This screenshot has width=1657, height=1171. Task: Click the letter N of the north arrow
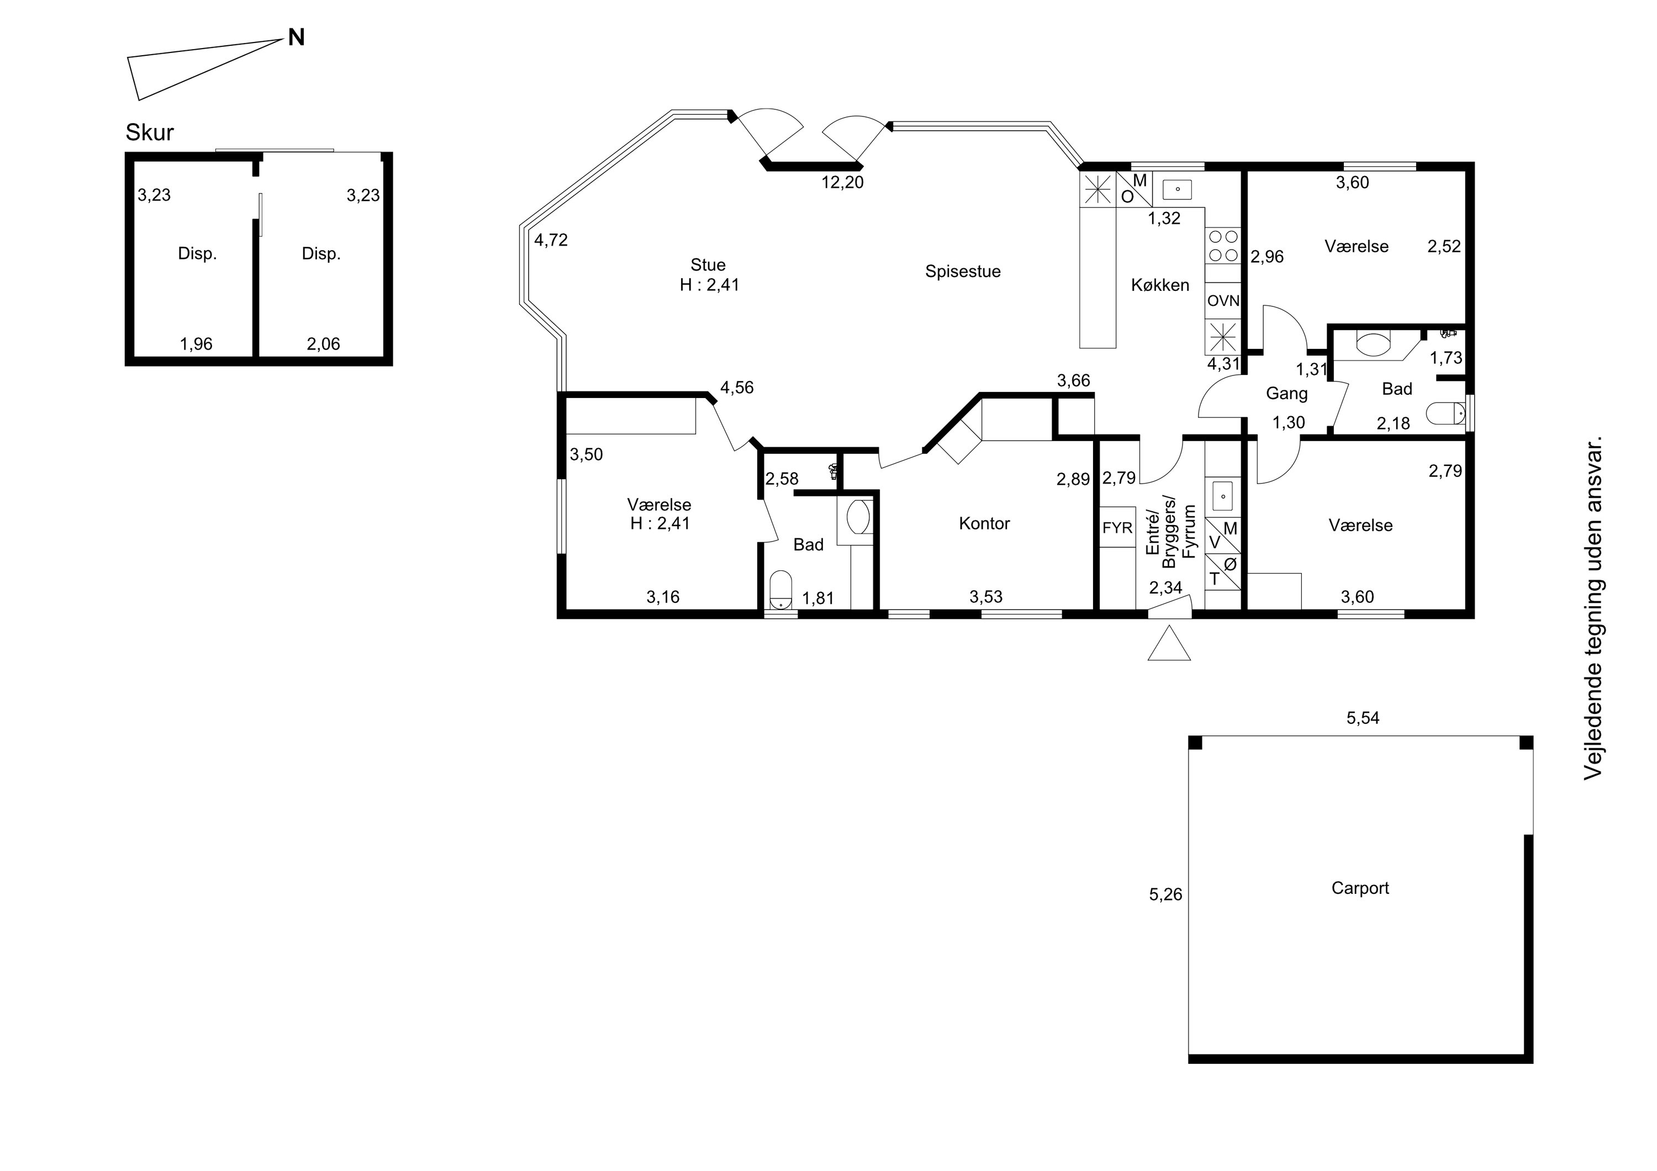click(x=296, y=38)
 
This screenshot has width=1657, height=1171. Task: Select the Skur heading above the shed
click(x=149, y=133)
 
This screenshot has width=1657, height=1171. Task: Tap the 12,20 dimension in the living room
click(x=842, y=183)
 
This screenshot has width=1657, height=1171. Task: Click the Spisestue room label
click(x=963, y=272)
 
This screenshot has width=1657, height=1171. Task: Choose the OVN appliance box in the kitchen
click(x=1223, y=301)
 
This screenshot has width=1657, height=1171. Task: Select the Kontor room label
click(x=984, y=524)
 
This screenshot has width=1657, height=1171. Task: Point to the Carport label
click(x=1360, y=888)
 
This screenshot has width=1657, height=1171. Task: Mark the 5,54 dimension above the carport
click(x=1363, y=718)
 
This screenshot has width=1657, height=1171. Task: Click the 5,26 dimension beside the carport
click(x=1165, y=894)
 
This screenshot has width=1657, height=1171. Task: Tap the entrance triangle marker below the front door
click(x=1169, y=644)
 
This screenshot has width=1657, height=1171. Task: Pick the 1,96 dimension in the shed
click(x=196, y=344)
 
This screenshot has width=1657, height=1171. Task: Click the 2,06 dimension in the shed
click(x=323, y=344)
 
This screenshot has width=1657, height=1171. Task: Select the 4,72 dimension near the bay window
click(x=551, y=240)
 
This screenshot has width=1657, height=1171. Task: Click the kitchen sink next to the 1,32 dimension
click(x=1177, y=190)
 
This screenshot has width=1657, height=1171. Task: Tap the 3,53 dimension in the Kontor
click(x=986, y=597)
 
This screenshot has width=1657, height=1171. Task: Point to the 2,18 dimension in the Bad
click(x=1393, y=424)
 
